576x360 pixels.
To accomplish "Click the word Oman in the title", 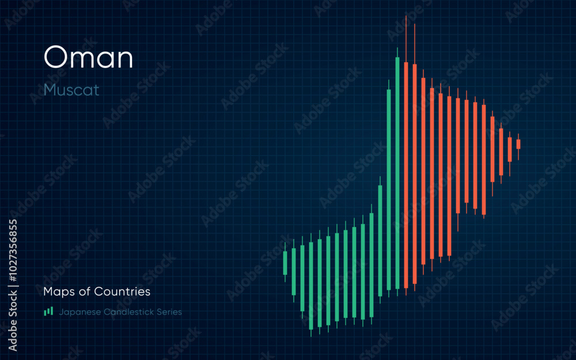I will point(88,58).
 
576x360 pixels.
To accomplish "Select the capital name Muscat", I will point(71,90).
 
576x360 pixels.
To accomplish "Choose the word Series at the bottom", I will point(169,312).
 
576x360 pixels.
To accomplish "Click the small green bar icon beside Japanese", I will point(48,312).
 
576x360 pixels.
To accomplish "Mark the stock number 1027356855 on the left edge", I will point(13,285).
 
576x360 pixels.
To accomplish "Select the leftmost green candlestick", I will point(285,263).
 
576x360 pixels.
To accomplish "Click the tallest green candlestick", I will point(397,173).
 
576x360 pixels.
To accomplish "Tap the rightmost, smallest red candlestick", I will point(518,144).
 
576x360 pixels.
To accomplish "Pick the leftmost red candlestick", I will point(406,173).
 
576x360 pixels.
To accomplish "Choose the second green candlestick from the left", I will point(294,271).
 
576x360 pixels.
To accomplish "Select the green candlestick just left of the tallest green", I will point(389,190).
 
